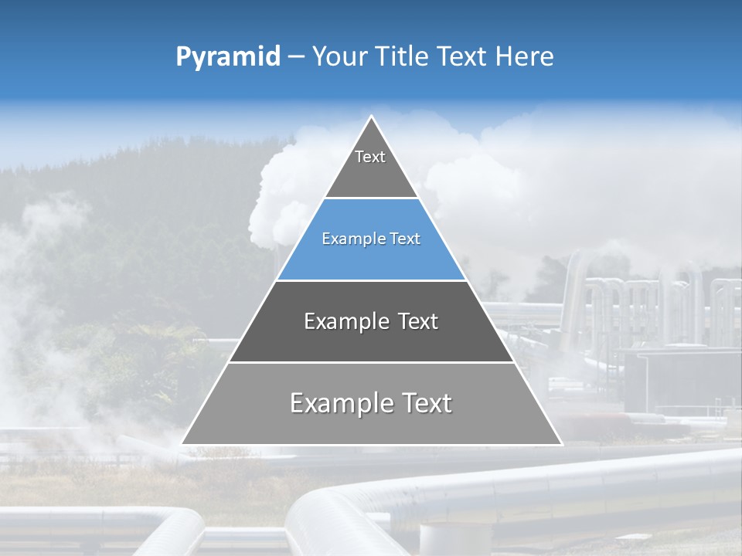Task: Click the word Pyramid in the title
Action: (x=227, y=57)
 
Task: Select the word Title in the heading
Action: (x=402, y=56)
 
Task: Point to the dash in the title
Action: (x=296, y=57)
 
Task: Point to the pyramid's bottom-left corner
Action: (x=182, y=443)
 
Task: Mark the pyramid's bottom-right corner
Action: (x=561, y=443)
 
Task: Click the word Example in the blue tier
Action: (x=348, y=239)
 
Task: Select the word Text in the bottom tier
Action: (x=422, y=403)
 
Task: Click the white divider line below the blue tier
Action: (x=371, y=280)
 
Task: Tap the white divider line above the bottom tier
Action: (x=371, y=362)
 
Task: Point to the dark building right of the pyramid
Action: (x=680, y=378)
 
